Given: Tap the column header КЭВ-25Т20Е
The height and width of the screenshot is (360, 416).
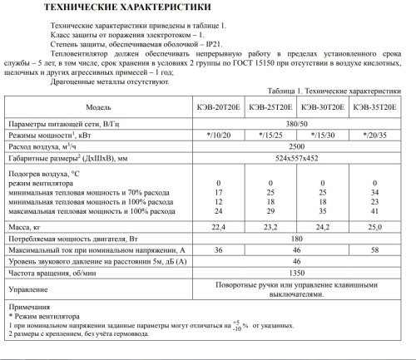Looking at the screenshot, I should point(272,107).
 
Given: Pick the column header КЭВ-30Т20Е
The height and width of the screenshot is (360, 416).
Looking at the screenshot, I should point(324,107).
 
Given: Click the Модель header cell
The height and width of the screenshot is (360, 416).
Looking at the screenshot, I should point(99,107).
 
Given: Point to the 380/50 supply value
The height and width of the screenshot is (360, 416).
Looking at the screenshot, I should point(297,122).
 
